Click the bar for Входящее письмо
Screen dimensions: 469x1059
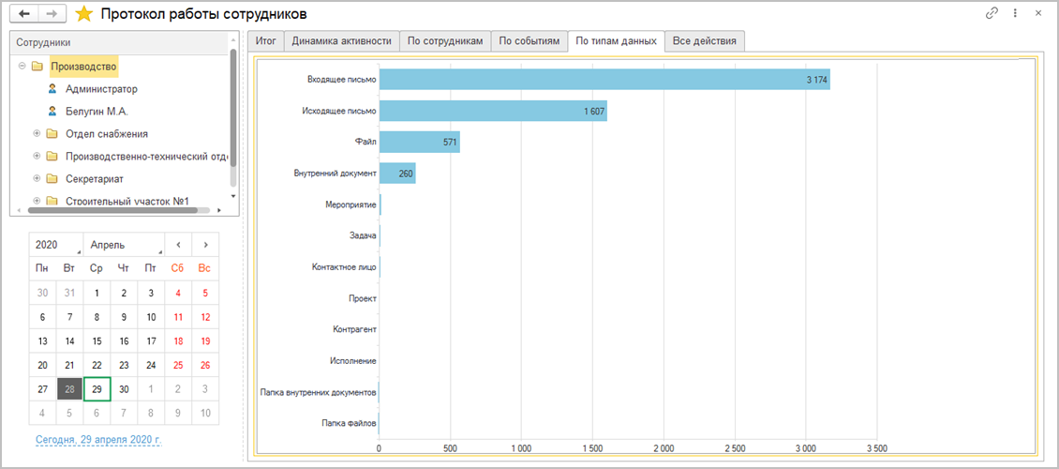coord(604,80)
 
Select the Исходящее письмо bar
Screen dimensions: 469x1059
coord(493,112)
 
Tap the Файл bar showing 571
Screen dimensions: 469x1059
coord(419,143)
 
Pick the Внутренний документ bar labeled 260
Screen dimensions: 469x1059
coord(397,174)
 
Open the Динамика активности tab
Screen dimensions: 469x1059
coord(341,41)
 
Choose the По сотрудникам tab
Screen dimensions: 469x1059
coord(445,41)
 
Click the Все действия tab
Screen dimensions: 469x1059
coord(704,41)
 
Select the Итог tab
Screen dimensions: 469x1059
coord(265,41)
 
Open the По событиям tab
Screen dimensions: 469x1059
coord(529,41)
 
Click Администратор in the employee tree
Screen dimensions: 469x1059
coord(101,89)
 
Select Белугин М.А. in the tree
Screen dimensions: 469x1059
coord(97,111)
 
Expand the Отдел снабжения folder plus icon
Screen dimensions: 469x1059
coord(37,133)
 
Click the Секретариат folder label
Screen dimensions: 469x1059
coord(95,178)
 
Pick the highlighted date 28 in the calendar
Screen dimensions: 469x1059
coord(69,388)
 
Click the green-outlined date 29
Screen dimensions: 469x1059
coord(97,388)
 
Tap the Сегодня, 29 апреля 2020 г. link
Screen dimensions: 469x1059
coord(98,439)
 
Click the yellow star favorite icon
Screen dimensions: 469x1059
coord(84,14)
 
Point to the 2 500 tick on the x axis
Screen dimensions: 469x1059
coord(734,447)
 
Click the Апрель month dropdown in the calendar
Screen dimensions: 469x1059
coord(123,245)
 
